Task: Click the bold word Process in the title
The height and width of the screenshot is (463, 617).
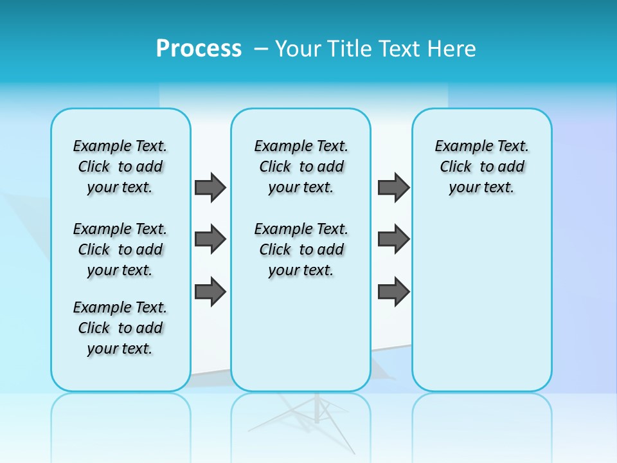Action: tap(199, 49)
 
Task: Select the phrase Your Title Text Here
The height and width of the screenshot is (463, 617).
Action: tap(375, 49)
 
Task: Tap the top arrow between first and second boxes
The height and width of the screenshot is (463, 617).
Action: tap(210, 187)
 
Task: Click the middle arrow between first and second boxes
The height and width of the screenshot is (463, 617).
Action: tap(210, 239)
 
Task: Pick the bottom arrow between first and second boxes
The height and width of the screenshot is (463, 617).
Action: tap(210, 291)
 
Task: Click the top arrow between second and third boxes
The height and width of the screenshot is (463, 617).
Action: tap(393, 187)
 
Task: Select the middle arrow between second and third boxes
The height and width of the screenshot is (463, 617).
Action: tap(393, 239)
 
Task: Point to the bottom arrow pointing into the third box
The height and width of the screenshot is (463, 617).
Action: tap(393, 291)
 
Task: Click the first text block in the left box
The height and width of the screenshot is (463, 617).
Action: tap(120, 167)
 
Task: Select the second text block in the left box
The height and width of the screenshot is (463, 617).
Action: tap(120, 250)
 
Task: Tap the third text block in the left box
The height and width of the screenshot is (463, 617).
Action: tap(120, 328)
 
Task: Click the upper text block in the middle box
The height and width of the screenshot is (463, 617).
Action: tap(301, 167)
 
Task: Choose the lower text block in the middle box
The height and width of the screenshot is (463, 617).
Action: tap(301, 250)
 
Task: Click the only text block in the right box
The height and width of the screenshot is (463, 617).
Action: tap(481, 167)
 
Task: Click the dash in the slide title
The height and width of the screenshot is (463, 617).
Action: tap(261, 49)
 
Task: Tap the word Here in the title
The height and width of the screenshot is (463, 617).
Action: tap(453, 49)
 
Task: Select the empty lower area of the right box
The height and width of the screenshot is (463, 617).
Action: tap(481, 302)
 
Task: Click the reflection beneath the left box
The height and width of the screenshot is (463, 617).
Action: tap(120, 418)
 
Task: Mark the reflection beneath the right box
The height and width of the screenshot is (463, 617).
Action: tap(481, 418)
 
